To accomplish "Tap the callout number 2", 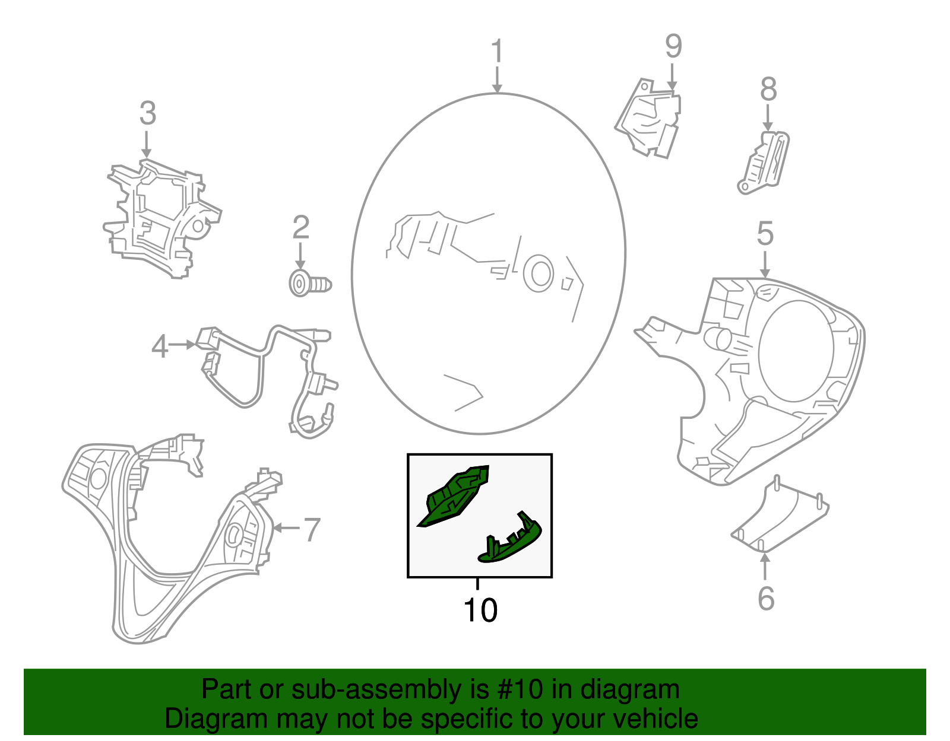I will (301, 227).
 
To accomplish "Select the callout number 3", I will (147, 113).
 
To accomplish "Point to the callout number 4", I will (160, 346).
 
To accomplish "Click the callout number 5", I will (765, 234).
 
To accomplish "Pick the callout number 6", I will (766, 598).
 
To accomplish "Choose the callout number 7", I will (312, 529).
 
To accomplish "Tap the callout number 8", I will (768, 90).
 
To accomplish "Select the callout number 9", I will (673, 46).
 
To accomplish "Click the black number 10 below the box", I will (480, 610).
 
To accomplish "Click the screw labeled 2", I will (309, 284).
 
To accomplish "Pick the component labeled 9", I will (649, 118).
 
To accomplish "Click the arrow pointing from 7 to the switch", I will (286, 527).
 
